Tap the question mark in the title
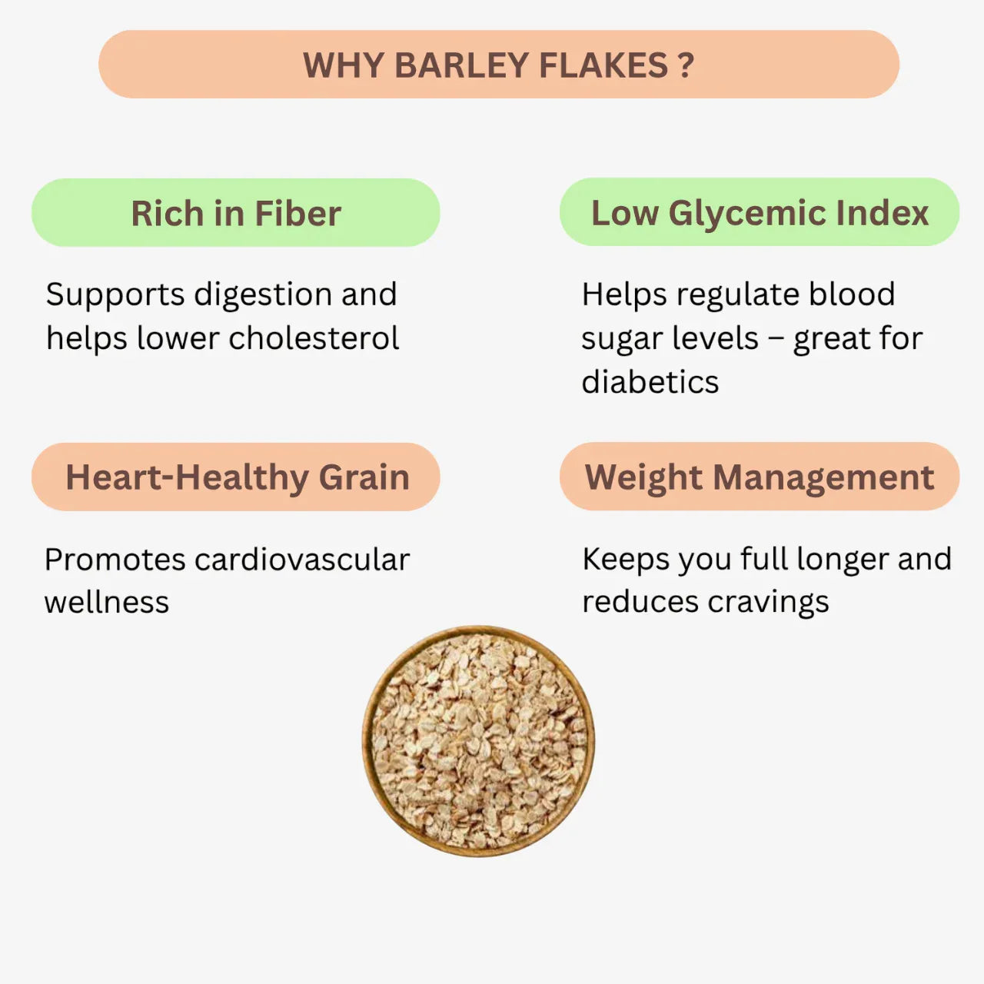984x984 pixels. coord(686,65)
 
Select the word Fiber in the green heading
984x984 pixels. coord(298,214)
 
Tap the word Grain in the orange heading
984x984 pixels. coord(364,477)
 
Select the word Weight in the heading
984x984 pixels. coord(643,477)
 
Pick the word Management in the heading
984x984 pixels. coord(823,477)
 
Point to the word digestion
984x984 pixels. coord(263,294)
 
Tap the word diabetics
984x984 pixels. coord(650,382)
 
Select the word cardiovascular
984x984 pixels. coord(302,560)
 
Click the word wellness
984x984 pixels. coord(106,603)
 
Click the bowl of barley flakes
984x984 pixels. coord(478,741)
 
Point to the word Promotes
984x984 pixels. coord(114,560)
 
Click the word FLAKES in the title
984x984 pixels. coord(603,65)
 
